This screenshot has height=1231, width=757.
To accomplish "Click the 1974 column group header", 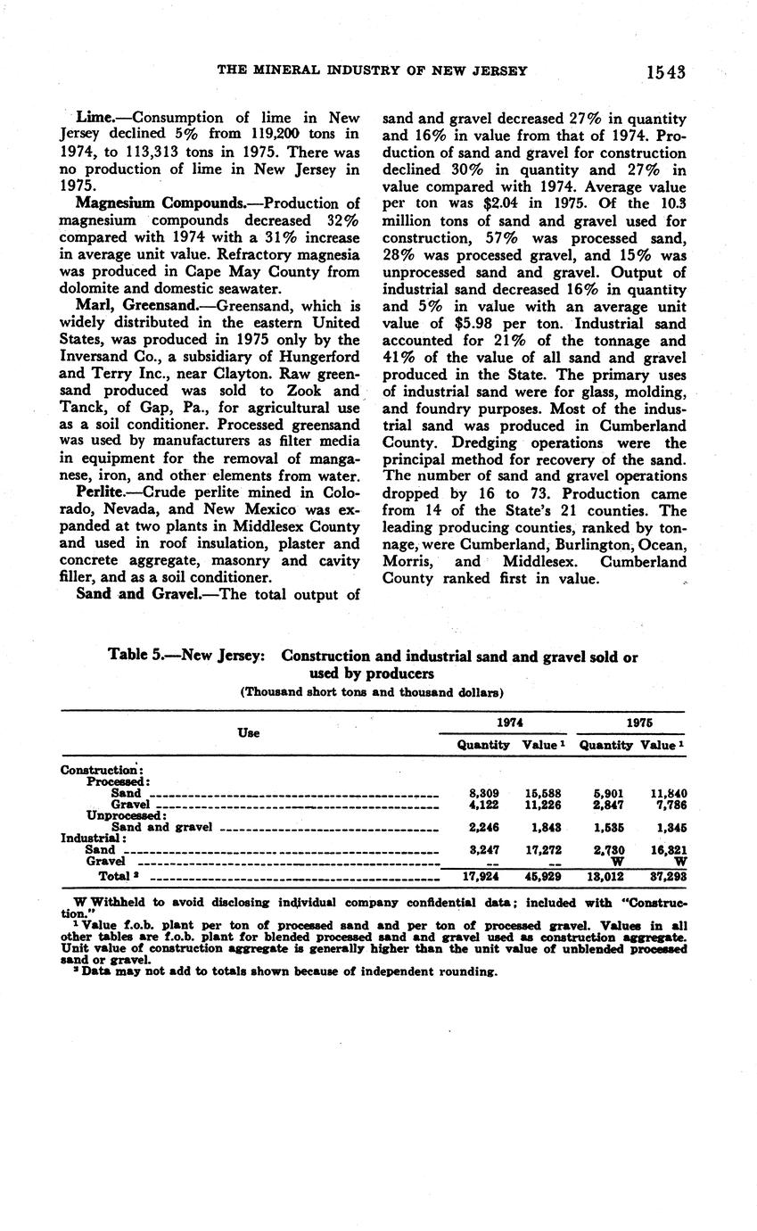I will click(x=510, y=723).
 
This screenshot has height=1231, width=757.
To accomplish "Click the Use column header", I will click(x=249, y=732).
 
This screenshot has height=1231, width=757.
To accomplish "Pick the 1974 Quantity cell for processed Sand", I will click(x=483, y=792).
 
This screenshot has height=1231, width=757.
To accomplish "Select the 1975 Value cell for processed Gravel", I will click(x=666, y=805).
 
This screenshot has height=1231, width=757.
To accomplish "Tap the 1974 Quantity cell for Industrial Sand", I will click(x=483, y=850).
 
